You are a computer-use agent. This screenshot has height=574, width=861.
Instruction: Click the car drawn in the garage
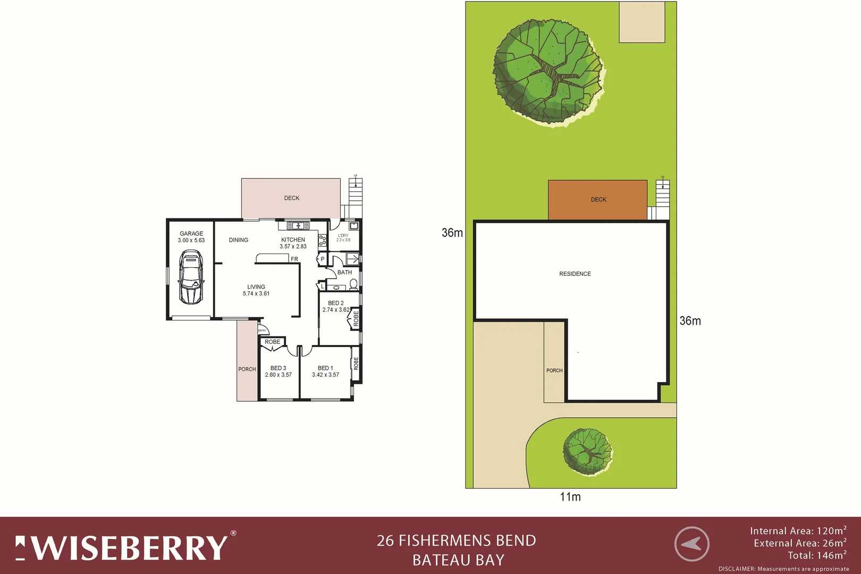[x=191, y=277]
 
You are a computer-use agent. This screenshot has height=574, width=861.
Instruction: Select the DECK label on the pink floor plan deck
[x=291, y=198]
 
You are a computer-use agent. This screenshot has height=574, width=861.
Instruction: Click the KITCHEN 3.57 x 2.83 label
[x=293, y=243]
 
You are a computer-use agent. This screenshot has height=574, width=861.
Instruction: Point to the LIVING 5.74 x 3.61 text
[x=256, y=290]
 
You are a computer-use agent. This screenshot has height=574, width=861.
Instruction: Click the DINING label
[x=239, y=240]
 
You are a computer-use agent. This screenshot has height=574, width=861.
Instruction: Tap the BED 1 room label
[x=325, y=371]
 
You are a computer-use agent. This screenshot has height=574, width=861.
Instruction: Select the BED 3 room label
[x=278, y=371]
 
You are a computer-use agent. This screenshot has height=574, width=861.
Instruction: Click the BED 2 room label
[x=336, y=306]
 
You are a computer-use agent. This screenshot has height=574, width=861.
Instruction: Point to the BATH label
[x=344, y=273]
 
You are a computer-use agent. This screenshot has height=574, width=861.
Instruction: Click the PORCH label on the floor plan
[x=247, y=369]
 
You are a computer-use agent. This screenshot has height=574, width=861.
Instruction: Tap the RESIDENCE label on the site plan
[x=575, y=274]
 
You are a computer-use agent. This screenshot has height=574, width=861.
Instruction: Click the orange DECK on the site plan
[x=598, y=200]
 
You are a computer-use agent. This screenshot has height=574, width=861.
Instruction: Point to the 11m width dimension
[x=570, y=497]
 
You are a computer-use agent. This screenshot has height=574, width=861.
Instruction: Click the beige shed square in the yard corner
[x=642, y=22]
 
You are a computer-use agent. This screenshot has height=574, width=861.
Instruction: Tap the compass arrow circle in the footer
[x=691, y=544]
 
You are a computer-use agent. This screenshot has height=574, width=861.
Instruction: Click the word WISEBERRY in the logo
[x=130, y=548]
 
